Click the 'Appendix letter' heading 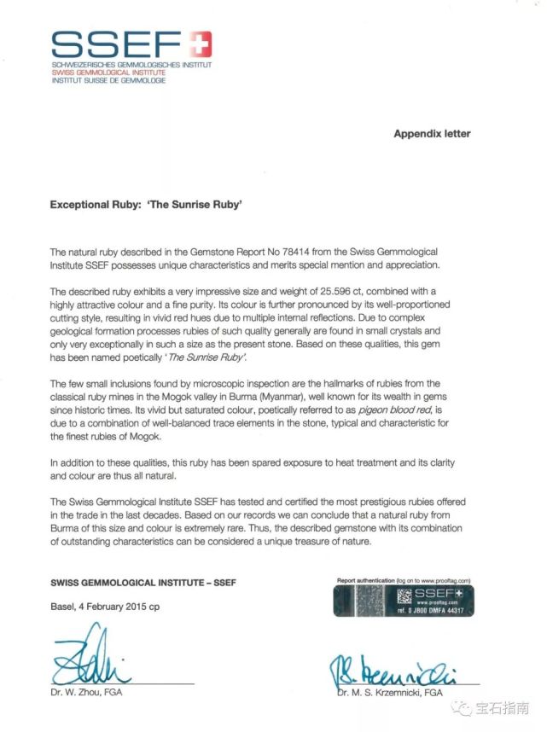tap(432, 134)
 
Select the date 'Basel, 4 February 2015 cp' tap(104, 607)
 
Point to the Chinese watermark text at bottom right tap(500, 707)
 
